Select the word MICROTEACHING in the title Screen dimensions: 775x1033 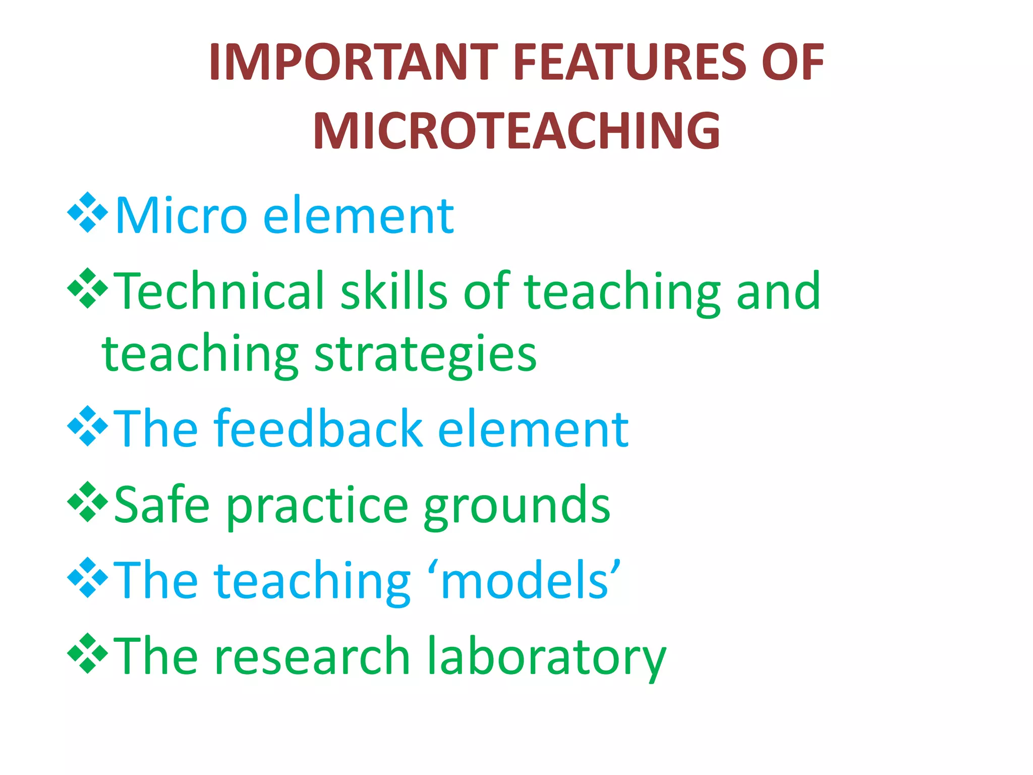point(516,131)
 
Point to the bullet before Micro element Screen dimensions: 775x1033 point(87,212)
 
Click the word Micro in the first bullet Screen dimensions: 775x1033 point(181,216)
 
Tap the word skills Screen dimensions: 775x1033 point(394,291)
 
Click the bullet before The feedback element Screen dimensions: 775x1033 point(87,426)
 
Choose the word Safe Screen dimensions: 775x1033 point(161,505)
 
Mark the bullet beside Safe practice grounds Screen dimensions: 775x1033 point(87,502)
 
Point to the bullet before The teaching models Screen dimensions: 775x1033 point(87,578)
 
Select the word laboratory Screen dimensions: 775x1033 point(547,656)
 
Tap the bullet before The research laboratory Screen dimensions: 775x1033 point(87,653)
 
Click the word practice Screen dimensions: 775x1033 point(317,507)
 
